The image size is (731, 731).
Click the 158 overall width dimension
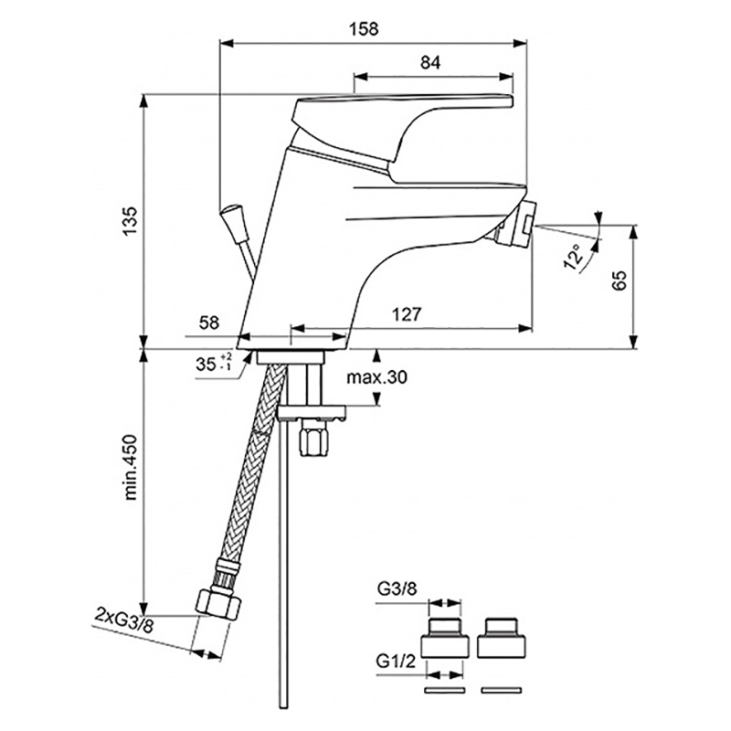click(364, 29)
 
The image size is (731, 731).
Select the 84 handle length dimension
click(429, 62)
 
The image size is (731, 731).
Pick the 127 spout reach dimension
click(406, 314)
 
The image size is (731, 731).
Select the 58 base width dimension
click(208, 323)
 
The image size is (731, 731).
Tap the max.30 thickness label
click(376, 376)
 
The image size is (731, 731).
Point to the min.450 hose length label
click(131, 467)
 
